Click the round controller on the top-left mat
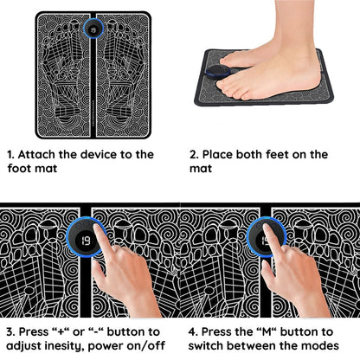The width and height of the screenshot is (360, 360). point(93,29)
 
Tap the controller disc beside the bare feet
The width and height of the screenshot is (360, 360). point(217,72)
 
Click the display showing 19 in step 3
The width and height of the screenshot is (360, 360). point(85,240)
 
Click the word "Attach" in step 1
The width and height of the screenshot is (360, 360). point(35,155)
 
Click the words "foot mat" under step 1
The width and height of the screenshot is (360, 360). point(32,168)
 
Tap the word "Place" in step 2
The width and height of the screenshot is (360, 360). point(217,155)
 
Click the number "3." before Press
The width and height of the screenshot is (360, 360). point(11,331)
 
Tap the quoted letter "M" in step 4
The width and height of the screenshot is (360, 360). point(266,331)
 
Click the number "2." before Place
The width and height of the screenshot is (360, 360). point(194,155)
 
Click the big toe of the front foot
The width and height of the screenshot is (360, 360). point(224,84)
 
